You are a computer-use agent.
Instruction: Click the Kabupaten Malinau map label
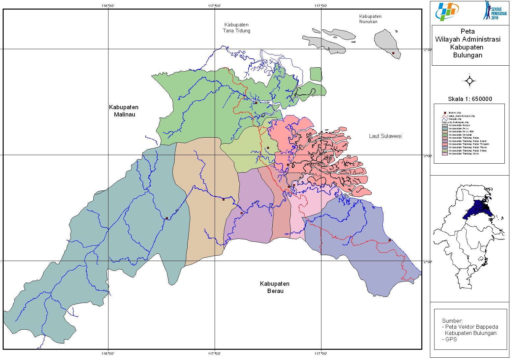[x=124, y=111]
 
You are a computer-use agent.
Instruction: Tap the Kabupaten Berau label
[x=275, y=287]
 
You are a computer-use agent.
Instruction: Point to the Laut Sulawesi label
[x=385, y=136]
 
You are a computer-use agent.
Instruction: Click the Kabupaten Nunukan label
[x=370, y=19]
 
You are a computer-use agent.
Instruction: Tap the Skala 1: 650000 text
[x=470, y=99]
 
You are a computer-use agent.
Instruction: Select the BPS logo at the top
[x=447, y=12]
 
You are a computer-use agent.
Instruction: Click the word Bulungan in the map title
[x=468, y=55]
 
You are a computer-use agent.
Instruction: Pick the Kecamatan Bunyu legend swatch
[x=445, y=125]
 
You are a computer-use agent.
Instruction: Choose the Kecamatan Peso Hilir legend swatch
[x=445, y=132]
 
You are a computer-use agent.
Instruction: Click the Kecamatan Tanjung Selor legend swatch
[x=445, y=154]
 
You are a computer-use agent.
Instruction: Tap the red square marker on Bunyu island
[x=393, y=53]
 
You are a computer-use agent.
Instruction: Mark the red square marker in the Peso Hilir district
[x=224, y=199]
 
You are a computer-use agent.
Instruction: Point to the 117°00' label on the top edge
[x=215, y=6]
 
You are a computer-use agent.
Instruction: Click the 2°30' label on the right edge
[x=427, y=262]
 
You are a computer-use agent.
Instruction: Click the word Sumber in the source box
[x=452, y=321]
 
